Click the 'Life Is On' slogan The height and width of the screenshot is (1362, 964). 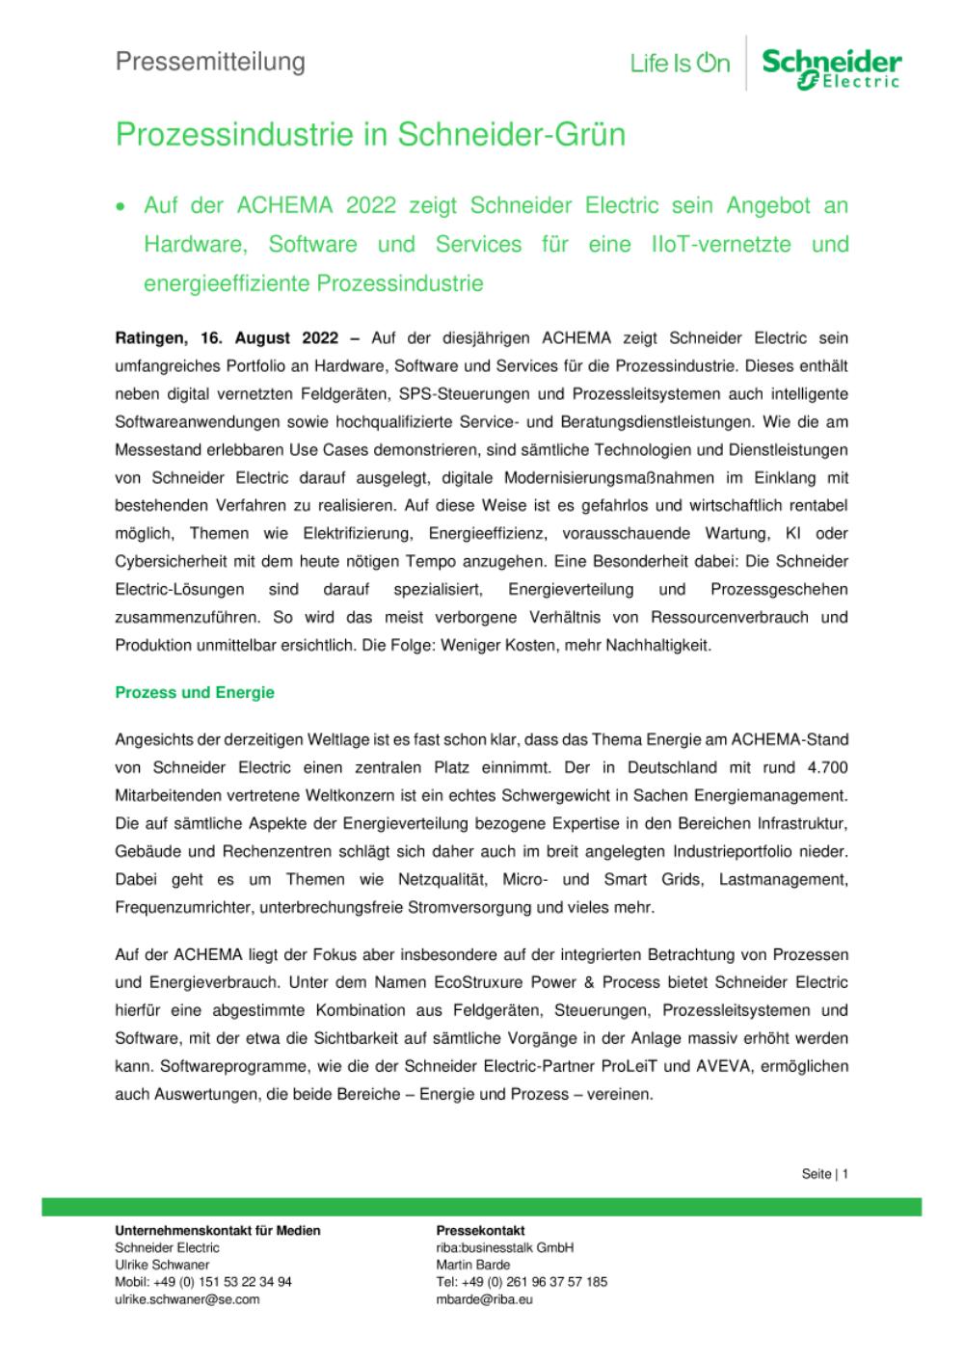[x=680, y=65]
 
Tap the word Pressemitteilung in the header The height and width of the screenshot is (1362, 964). [x=210, y=62]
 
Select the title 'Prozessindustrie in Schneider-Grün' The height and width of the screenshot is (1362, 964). [x=370, y=134]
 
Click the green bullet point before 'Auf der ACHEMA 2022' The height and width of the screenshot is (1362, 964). [x=120, y=206]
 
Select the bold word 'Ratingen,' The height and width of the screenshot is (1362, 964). [x=152, y=338]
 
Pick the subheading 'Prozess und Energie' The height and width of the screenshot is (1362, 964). [x=195, y=692]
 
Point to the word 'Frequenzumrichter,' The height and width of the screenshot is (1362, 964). [x=179, y=907]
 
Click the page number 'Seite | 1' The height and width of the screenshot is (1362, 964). [x=824, y=1174]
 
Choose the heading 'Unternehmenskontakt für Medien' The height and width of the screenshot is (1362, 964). [x=218, y=1231]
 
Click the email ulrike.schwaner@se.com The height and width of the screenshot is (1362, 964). [x=187, y=1299]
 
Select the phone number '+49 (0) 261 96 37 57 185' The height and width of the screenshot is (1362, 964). [x=534, y=1282]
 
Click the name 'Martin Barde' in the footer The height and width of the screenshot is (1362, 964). [x=473, y=1265]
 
